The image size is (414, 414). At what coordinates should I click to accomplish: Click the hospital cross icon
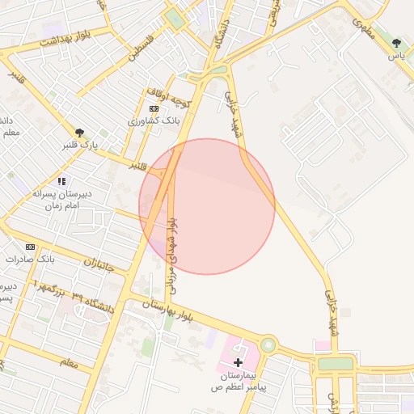(x=238, y=363)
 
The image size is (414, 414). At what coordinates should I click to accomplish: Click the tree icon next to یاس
(x=395, y=43)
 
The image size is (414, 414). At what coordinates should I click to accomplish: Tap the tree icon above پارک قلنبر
(x=79, y=133)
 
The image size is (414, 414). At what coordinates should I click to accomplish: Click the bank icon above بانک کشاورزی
(x=154, y=108)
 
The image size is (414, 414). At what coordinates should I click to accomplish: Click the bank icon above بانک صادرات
(x=31, y=247)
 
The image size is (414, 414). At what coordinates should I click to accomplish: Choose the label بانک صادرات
(x=29, y=260)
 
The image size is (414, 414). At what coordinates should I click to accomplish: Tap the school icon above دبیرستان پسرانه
(x=61, y=181)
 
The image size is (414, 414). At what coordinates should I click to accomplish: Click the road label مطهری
(x=358, y=24)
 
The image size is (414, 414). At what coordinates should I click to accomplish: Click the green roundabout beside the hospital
(x=268, y=345)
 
